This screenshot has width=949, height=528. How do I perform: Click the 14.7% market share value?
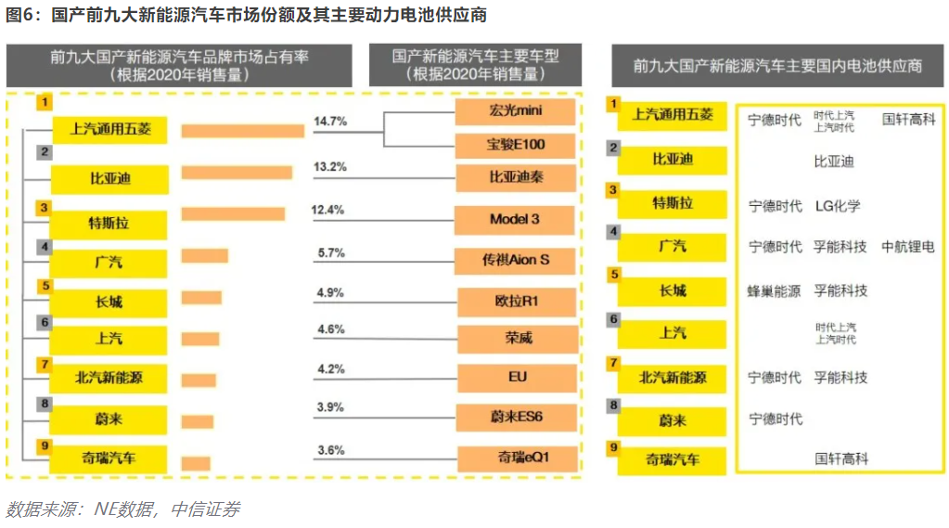click(x=329, y=122)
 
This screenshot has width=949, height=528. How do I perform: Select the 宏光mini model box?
click(x=516, y=112)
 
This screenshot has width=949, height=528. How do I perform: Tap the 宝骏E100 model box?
click(x=516, y=145)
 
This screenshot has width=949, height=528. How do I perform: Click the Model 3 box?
click(x=516, y=220)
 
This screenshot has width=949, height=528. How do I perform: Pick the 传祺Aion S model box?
click(x=516, y=260)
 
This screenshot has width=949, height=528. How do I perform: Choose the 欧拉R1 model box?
click(x=517, y=301)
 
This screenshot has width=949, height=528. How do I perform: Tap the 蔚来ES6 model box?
click(x=517, y=417)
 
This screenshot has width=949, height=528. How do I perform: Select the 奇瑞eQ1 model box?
click(x=517, y=457)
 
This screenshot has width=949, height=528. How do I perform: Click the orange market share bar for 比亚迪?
click(x=237, y=173)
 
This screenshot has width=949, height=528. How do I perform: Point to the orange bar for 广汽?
click(x=204, y=255)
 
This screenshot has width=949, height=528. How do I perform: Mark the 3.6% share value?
click(x=329, y=450)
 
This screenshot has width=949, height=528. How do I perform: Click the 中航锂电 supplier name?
click(x=907, y=247)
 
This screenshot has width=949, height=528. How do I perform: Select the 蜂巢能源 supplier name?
click(x=774, y=290)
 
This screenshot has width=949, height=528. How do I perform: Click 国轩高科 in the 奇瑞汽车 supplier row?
click(x=841, y=458)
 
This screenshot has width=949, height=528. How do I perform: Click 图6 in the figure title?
click(x=21, y=15)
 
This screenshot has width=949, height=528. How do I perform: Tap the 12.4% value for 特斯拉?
click(x=328, y=210)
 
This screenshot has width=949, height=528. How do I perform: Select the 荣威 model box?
click(x=517, y=339)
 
